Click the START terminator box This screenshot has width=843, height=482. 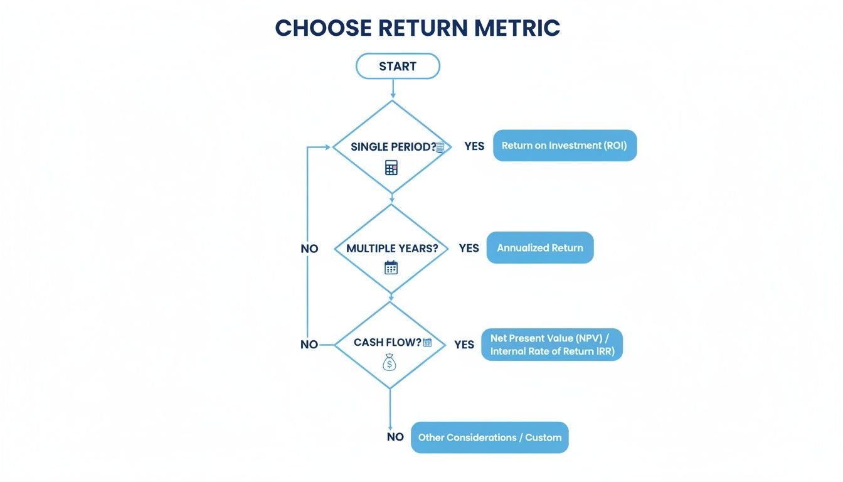coord(398,66)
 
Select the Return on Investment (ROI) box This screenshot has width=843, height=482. coord(565,146)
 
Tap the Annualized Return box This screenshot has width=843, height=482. coord(539,248)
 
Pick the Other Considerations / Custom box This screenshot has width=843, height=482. coord(489,437)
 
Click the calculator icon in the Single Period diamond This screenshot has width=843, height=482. coord(391,168)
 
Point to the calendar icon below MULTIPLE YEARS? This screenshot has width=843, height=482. coord(391,267)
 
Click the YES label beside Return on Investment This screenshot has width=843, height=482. coord(474,146)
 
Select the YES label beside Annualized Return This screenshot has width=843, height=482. coord(469,249)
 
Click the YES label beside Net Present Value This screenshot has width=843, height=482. coord(464,345)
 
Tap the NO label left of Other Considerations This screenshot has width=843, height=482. coord(395,437)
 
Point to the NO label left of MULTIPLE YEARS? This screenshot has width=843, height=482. coord(309,249)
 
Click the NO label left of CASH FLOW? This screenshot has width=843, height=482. coord(309,345)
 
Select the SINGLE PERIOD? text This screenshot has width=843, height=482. coord(393,147)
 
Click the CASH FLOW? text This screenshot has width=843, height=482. coord(388,343)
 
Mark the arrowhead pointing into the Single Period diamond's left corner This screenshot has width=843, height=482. coord(327,147)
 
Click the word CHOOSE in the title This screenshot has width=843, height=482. coord(322,28)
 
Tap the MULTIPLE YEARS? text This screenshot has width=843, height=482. coord(392,249)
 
